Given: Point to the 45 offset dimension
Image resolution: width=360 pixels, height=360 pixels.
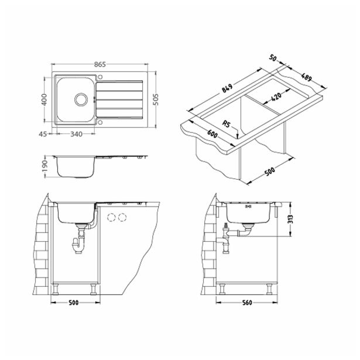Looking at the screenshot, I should [43, 135].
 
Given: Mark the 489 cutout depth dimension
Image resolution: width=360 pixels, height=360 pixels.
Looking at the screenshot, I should [307, 78].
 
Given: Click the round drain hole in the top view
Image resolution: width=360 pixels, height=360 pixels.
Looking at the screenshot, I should [80, 100].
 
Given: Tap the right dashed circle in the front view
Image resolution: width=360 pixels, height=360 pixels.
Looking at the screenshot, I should [122, 218].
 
